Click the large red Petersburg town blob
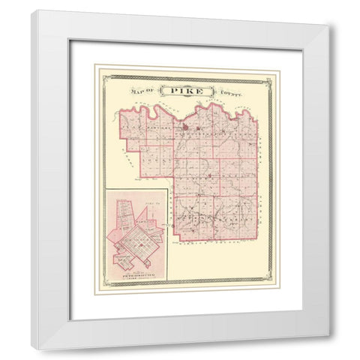coord(184,127)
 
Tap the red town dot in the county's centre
coord(211,177)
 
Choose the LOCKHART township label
coord(225,217)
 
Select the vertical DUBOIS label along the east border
coord(262,187)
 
